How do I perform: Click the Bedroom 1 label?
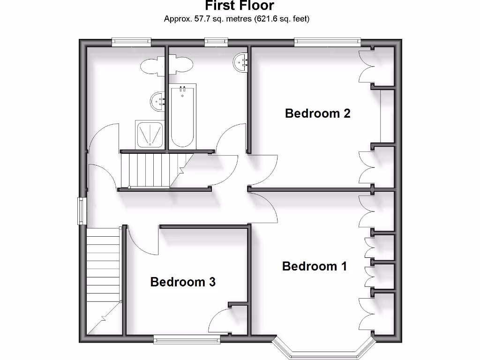(x=315, y=266)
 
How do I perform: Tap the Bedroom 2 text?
(x=318, y=113)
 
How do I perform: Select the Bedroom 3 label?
(x=183, y=282)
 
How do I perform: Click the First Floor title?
(x=240, y=6)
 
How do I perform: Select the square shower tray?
(x=150, y=135)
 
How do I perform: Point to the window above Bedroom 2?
(x=327, y=43)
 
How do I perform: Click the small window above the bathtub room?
(x=216, y=43)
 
